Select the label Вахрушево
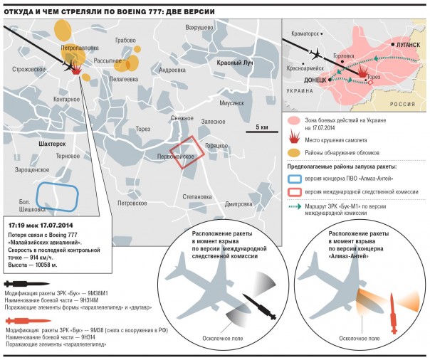[x=200, y=27]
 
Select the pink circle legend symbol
[x=293, y=124]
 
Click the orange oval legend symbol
[x=293, y=153]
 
